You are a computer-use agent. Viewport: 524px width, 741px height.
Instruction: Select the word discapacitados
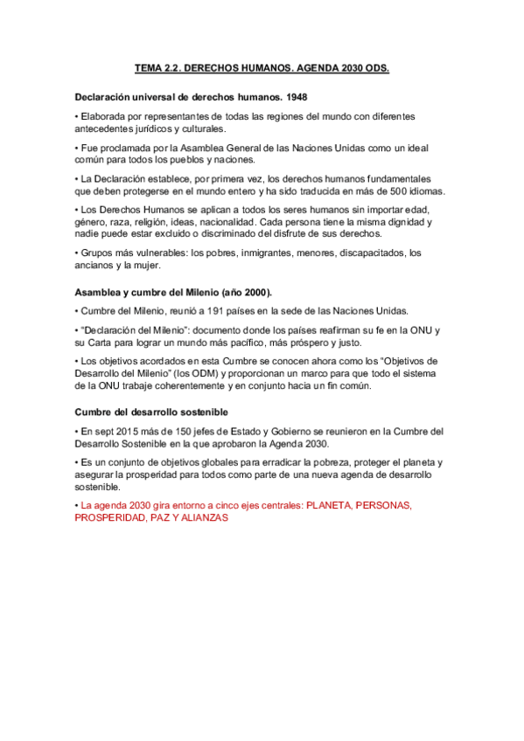click(x=367, y=253)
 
